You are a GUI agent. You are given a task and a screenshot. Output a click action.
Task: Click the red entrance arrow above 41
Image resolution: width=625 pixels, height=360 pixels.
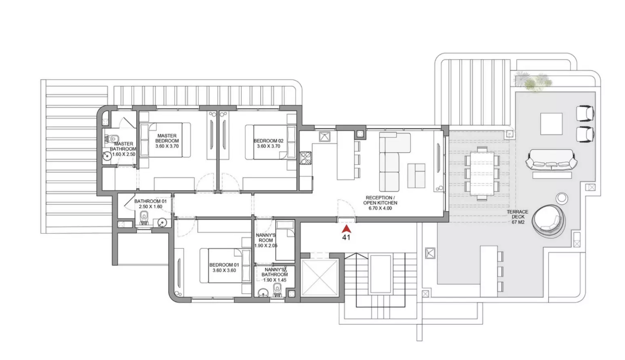coord(346,229)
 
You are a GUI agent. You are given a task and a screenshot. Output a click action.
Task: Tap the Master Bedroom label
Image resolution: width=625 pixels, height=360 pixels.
coord(167,141)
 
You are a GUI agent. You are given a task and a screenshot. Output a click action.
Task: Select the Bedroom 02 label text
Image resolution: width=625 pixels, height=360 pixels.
coord(268,144)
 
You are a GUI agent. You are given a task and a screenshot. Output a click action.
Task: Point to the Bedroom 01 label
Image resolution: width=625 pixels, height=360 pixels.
coord(224,267)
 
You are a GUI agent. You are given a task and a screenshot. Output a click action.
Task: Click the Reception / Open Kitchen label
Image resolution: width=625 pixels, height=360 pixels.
coord(380,203)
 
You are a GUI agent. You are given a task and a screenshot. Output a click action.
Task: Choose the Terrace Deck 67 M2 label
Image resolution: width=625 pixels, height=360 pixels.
coord(517,217)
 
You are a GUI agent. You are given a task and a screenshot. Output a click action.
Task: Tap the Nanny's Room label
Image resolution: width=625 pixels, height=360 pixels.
coord(266,240)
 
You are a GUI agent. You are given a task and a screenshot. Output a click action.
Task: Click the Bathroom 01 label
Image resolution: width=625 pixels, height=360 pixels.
coord(150,204)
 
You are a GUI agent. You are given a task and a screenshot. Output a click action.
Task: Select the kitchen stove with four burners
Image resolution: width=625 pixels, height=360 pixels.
coord(306,158)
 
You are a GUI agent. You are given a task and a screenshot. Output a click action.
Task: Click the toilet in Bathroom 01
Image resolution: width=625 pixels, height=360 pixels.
coord(144,218)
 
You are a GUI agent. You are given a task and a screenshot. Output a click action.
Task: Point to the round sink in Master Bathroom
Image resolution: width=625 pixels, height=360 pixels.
coord(107,156)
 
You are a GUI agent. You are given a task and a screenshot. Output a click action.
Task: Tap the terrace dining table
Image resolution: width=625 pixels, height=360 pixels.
coord(482,173)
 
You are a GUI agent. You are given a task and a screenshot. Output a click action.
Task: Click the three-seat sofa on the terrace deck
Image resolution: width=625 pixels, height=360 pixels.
coord(551,159)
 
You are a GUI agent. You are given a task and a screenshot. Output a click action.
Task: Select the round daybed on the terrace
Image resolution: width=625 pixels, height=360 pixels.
coord(548,221)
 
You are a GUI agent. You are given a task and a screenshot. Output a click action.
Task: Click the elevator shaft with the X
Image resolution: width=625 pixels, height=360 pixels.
coord(319,277)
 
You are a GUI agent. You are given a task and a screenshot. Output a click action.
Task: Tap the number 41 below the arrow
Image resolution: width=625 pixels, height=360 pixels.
coord(346,237)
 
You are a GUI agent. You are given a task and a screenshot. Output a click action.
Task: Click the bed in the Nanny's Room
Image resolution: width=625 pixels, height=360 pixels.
coord(285,240)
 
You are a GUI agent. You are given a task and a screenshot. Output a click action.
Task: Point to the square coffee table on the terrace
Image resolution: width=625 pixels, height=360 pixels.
coord(551,124)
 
